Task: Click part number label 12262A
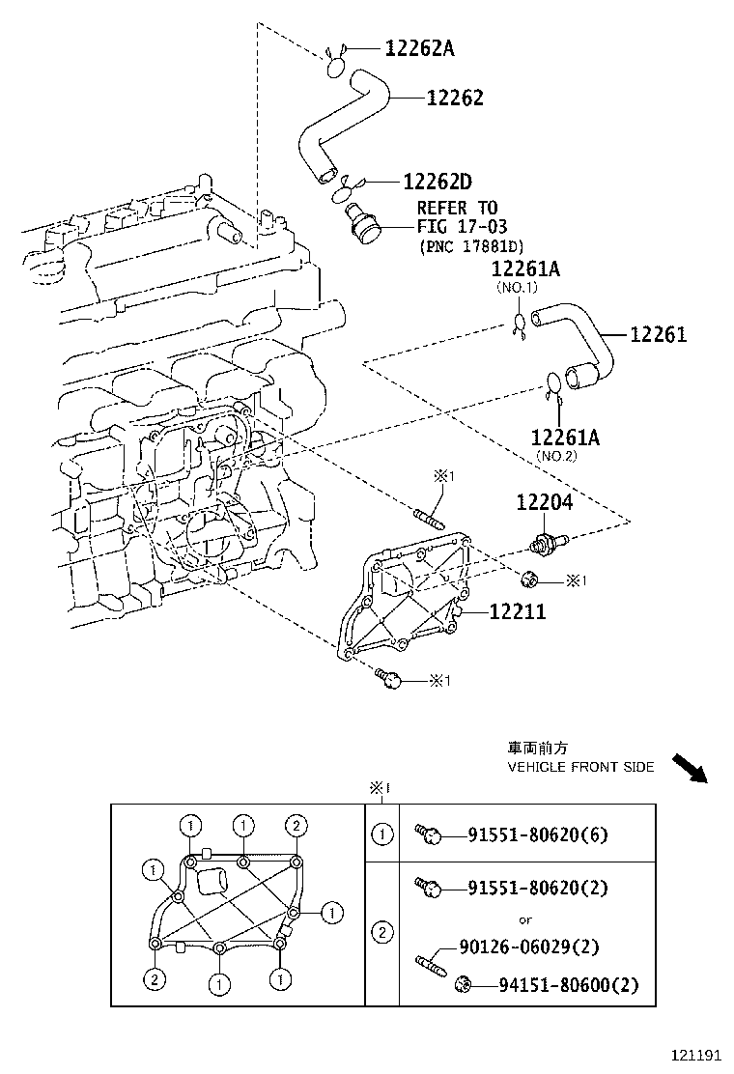(418, 47)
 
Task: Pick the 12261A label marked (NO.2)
(565, 438)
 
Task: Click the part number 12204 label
(543, 502)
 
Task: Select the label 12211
(517, 611)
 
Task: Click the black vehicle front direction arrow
(690, 768)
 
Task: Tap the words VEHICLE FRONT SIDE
(580, 767)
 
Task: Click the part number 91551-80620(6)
(538, 834)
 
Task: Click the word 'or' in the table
(525, 919)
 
